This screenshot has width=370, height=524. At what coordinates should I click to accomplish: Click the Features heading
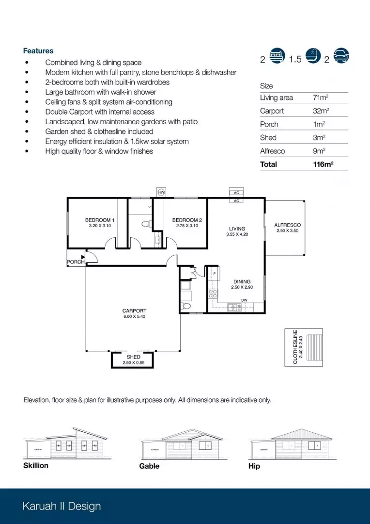[x=38, y=51]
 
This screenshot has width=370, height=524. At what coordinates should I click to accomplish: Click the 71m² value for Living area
[x=319, y=98]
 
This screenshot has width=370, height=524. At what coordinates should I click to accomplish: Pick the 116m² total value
[x=324, y=164]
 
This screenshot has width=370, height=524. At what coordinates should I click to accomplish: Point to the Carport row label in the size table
[x=272, y=111]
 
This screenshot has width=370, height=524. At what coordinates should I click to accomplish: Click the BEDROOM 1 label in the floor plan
[x=100, y=220]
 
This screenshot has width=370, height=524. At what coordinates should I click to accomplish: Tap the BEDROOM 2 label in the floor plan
[x=187, y=220]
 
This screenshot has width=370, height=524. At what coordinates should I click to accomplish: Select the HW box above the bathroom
[x=162, y=193]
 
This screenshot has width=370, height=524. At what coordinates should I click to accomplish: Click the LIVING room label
[x=237, y=229]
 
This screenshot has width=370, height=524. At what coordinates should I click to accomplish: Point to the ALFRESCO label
[x=287, y=225]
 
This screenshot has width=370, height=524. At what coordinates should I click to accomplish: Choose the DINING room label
[x=242, y=282]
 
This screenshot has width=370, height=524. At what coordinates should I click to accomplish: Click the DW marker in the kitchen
[x=245, y=300]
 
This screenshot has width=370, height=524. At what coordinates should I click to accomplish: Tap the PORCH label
[x=76, y=262]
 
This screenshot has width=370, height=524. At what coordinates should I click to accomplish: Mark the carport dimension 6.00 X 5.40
[x=134, y=317]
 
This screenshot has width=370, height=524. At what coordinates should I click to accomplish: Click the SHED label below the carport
[x=133, y=357]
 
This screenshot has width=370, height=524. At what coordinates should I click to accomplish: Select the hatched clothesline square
[x=315, y=345]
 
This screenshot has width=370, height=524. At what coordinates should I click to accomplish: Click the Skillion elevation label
[x=36, y=466]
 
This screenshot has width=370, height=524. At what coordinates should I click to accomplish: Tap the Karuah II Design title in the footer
[x=62, y=507]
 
